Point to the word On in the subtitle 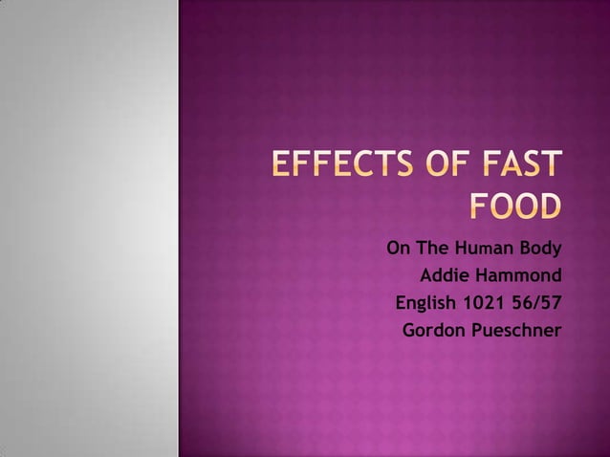[x=398, y=250]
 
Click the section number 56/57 [x=536, y=305]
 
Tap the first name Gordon [x=433, y=332]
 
